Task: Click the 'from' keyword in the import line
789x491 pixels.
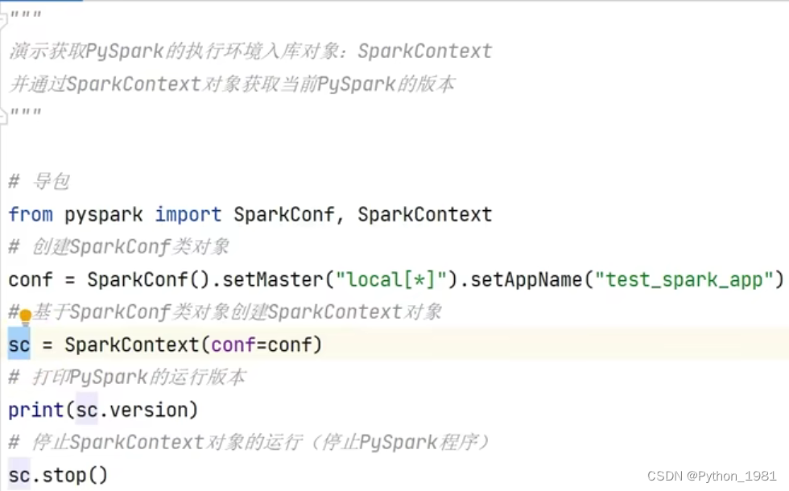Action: click(31, 215)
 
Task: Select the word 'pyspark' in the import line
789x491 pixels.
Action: click(104, 215)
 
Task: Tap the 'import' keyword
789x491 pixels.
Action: click(188, 215)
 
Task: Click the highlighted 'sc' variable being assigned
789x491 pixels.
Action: click(19, 345)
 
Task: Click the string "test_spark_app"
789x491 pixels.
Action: click(684, 280)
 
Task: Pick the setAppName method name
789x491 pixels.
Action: click(526, 280)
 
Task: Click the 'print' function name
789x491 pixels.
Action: click(36, 411)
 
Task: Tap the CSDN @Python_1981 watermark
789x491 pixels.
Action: click(712, 477)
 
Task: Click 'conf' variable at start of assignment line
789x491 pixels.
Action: click(31, 280)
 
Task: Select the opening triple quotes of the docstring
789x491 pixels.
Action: click(24, 16)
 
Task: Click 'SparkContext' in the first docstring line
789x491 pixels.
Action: click(424, 52)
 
